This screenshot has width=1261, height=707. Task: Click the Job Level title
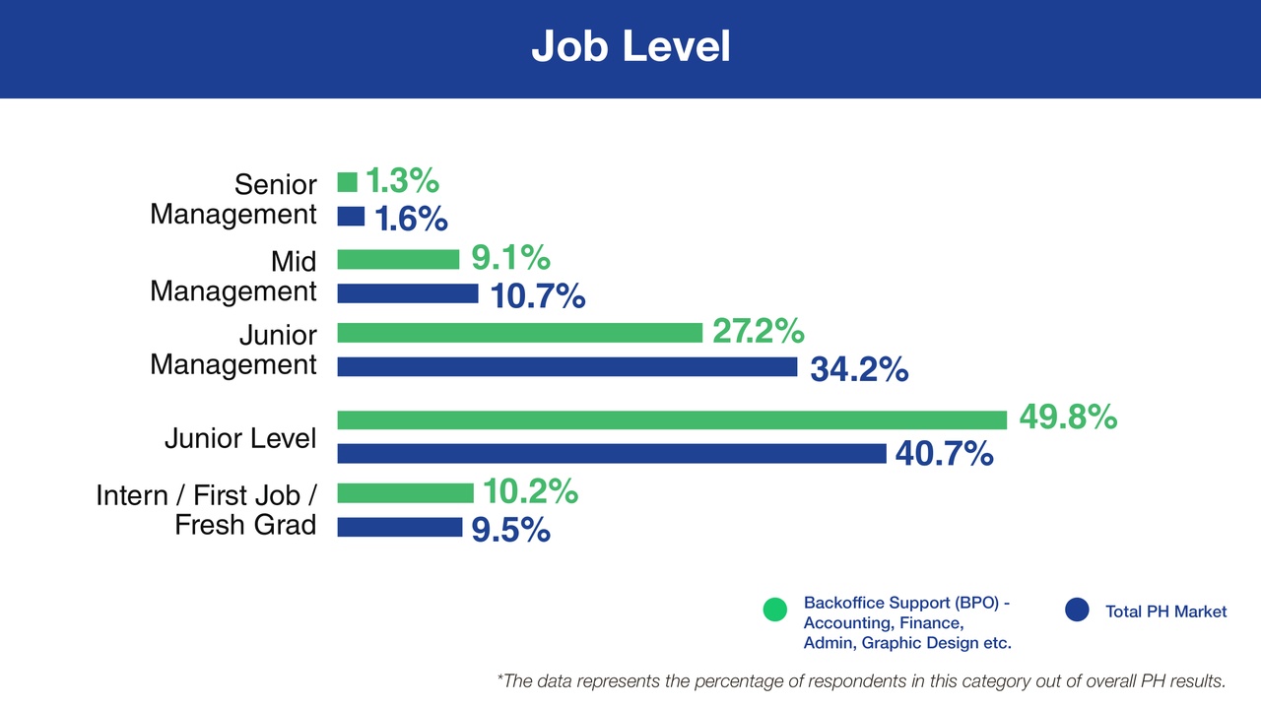(630, 46)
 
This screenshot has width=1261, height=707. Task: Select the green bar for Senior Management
(347, 182)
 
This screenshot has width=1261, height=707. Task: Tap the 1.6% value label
(411, 218)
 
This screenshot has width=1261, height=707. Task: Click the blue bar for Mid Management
(407, 293)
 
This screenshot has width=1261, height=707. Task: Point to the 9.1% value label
(510, 258)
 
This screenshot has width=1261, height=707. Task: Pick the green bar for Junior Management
(519, 332)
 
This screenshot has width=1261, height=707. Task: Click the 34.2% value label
(858, 369)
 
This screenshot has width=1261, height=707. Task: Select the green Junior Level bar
(672, 420)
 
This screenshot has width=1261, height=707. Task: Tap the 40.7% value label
(943, 454)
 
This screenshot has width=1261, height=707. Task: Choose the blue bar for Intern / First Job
(399, 527)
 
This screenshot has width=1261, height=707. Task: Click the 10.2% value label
(529, 491)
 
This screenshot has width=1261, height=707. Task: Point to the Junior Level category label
(240, 437)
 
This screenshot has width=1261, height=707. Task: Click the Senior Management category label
(233, 199)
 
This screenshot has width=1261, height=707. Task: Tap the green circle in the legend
(775, 611)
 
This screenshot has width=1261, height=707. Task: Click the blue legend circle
(1077, 611)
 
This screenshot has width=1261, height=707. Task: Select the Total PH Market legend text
(1165, 611)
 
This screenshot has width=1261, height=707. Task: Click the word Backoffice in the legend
(839, 603)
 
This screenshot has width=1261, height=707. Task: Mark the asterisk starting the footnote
(500, 678)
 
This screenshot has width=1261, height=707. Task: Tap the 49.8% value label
(1067, 418)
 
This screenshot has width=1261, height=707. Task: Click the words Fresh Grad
(245, 525)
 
